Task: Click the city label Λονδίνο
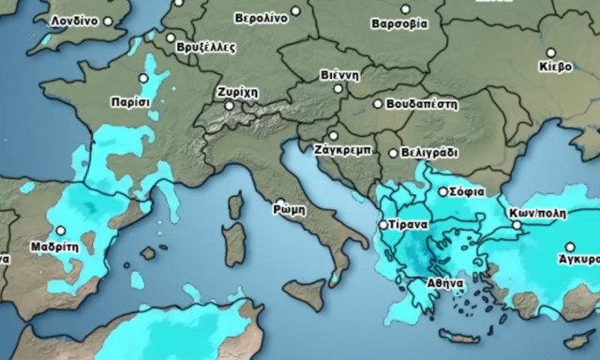point(75,20)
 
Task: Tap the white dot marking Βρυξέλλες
point(171,38)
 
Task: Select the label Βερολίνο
point(261,17)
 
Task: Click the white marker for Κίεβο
point(550,53)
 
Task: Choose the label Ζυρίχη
point(235,93)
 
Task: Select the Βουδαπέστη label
point(421,104)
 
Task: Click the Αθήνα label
point(443,281)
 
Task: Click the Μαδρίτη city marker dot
point(61,230)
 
